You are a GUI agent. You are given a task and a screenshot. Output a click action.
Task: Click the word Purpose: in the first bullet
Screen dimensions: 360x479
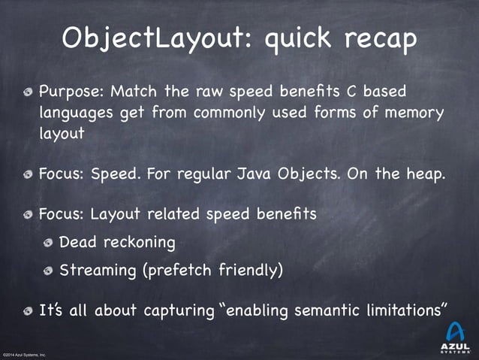click(73, 92)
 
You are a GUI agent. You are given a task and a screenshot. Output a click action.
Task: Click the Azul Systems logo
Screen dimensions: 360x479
click(455, 336)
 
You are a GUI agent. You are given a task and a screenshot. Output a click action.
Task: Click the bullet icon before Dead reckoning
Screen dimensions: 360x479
click(49, 243)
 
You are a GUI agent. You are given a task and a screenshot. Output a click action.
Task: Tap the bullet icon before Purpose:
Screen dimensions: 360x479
click(28, 92)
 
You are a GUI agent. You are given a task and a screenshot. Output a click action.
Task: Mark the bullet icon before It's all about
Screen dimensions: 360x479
click(28, 310)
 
